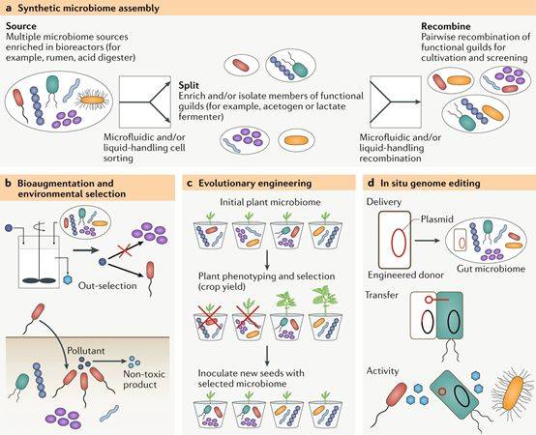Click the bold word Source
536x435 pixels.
click(21, 26)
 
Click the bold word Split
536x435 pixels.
click(189, 86)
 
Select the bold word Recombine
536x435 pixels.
click(446, 26)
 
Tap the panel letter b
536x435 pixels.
click(9, 184)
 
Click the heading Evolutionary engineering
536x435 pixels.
click(255, 184)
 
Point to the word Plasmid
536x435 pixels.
click(437, 219)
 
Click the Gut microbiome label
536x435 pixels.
click(491, 269)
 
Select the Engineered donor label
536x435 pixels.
click(405, 275)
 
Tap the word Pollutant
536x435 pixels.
click(86, 351)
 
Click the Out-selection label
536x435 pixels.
click(107, 285)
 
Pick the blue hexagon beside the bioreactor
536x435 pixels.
click(68, 279)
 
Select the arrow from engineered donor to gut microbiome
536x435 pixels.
click(427, 241)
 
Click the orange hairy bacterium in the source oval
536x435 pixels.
click(92, 100)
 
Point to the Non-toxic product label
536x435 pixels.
click(144, 379)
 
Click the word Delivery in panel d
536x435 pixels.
click(384, 202)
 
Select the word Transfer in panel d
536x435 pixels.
click(381, 295)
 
